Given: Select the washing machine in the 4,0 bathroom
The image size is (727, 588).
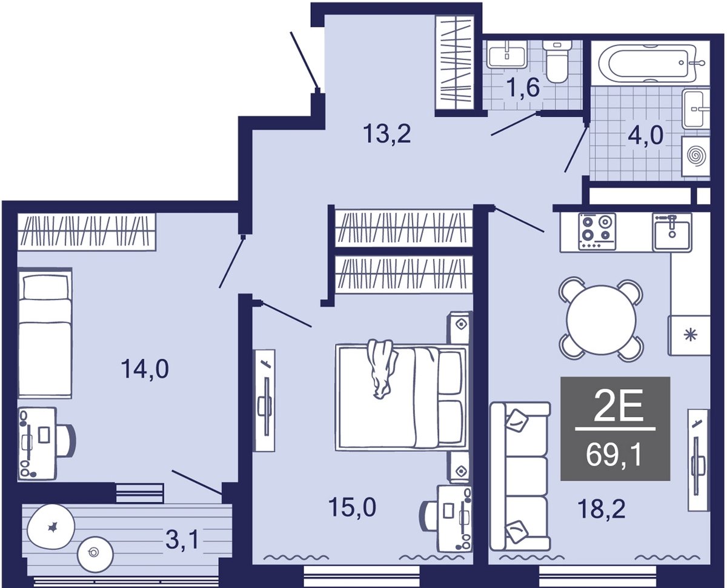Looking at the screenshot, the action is tap(695, 156).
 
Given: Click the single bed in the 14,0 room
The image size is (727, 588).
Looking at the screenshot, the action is tap(45, 333).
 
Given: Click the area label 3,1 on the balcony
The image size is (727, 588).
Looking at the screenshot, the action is tap(182, 540).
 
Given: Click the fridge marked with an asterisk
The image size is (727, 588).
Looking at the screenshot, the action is tap(688, 335).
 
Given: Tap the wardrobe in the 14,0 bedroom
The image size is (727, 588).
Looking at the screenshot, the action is tap(87, 232).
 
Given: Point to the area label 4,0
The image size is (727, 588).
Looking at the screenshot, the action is tap(646, 135).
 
